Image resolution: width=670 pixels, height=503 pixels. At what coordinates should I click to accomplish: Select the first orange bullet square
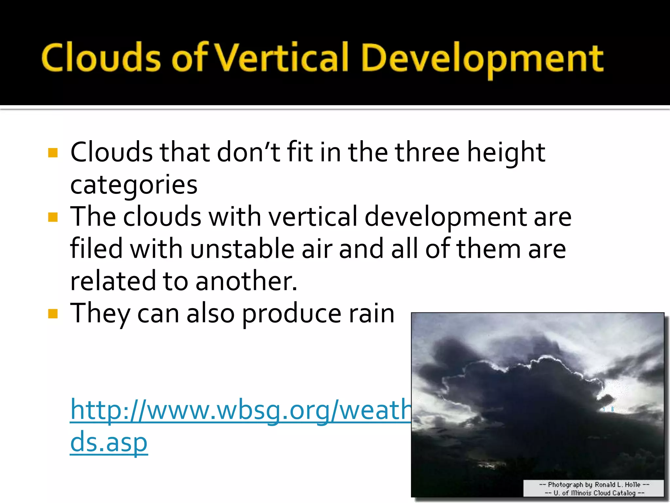53,153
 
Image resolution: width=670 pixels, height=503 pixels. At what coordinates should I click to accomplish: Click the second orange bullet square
53,217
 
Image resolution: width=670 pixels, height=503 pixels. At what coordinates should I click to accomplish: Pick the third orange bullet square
53,314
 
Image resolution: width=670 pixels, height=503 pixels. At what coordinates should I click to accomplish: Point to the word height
506,153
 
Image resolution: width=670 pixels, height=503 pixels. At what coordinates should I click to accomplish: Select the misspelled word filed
96,248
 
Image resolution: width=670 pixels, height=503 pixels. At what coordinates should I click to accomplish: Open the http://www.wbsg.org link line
240,410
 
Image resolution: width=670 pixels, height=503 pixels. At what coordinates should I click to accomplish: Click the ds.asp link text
109,442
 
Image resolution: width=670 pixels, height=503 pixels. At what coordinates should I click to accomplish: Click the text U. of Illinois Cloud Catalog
594,493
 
